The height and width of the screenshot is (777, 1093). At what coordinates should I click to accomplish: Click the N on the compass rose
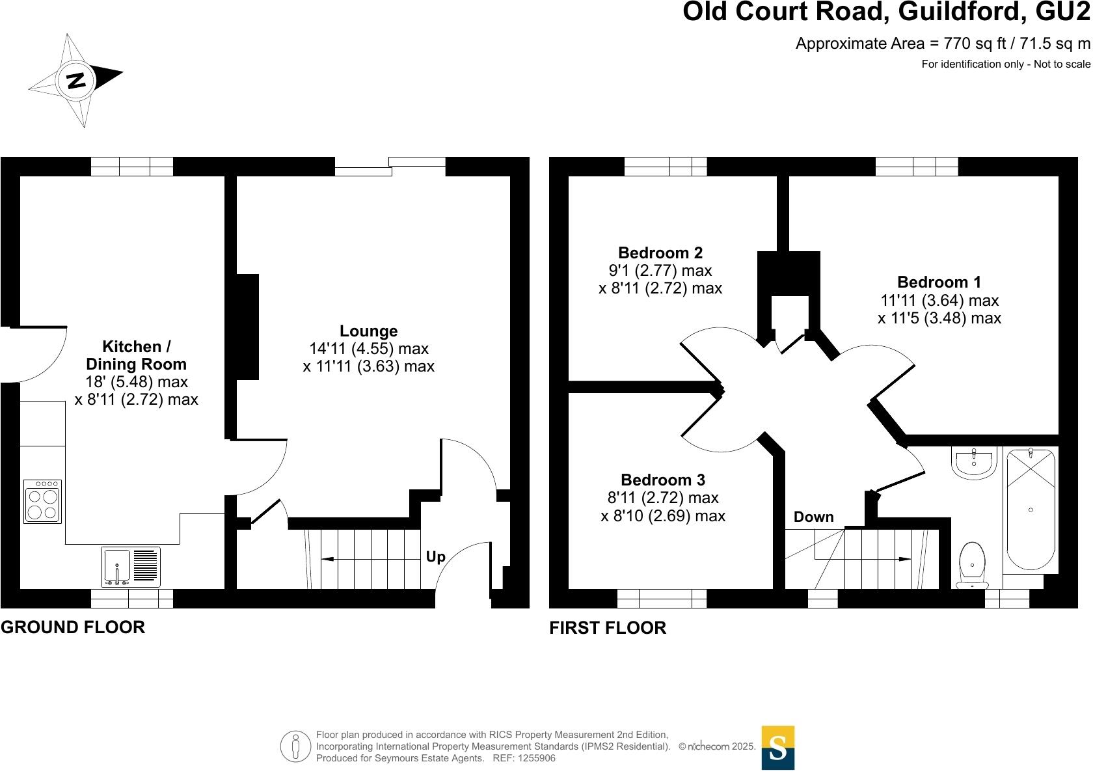[77, 80]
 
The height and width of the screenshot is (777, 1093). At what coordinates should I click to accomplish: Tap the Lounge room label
[368, 331]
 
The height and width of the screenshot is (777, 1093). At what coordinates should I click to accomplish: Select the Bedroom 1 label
[939, 282]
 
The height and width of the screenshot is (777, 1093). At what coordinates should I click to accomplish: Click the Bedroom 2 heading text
[660, 252]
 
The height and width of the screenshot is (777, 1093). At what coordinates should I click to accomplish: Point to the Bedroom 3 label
[662, 480]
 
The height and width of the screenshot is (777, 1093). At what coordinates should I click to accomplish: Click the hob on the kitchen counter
[43, 501]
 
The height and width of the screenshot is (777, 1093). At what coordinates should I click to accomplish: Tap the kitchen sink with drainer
[131, 566]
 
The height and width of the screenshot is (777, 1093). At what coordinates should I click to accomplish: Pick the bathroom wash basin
[974, 461]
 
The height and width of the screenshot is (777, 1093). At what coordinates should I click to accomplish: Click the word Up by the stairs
[435, 557]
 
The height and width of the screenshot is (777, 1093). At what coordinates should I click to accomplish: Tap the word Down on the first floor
[813, 517]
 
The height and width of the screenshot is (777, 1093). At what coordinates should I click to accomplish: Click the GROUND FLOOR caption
[73, 627]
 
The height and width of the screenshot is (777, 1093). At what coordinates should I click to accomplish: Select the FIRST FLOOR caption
[608, 628]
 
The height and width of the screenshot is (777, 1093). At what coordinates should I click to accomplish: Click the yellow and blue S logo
[777, 748]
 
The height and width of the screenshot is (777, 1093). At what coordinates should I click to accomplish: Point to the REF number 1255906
[534, 758]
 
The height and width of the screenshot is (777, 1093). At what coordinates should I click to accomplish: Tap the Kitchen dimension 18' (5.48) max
[137, 382]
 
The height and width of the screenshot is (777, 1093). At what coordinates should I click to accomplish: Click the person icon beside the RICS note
[296, 746]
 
